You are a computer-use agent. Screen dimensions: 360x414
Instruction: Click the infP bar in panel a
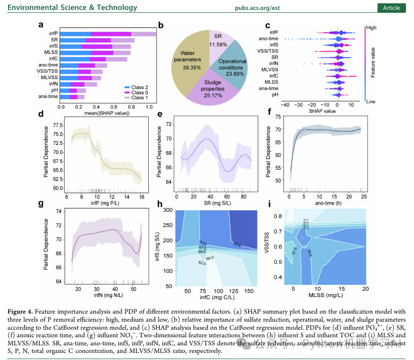pos(108,34)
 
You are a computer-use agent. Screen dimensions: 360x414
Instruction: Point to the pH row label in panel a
pos(54,90)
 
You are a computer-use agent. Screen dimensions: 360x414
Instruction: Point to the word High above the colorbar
pos(371,28)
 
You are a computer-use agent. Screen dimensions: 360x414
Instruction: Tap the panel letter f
pos(270,113)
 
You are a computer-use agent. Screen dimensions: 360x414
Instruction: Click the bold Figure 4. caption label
pos(21,312)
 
